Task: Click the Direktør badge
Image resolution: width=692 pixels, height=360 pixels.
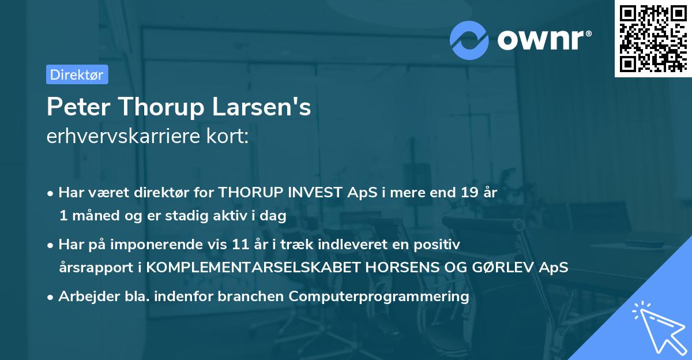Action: (77, 74)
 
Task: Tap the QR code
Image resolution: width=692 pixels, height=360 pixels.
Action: (652, 39)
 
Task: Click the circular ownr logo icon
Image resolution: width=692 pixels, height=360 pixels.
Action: (469, 40)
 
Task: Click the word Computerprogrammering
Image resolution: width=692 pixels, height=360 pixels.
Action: (379, 297)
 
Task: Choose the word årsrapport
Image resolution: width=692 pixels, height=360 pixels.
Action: (93, 267)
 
